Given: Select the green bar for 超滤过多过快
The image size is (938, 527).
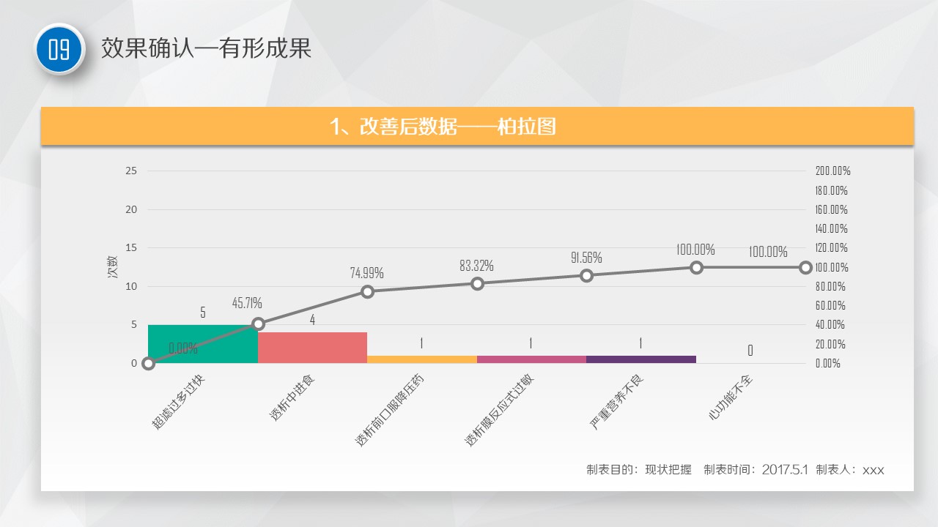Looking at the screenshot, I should (203, 344).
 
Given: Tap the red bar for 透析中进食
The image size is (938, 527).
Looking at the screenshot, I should (312, 348).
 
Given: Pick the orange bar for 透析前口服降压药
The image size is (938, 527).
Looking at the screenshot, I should (422, 359).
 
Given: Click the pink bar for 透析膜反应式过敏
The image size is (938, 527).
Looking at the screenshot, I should (531, 359).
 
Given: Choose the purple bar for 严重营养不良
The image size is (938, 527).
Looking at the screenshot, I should (640, 359).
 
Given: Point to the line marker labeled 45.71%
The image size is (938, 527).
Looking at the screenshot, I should (258, 324).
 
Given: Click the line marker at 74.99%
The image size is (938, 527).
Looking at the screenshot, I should (368, 291).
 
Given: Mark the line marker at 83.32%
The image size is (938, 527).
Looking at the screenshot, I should (477, 283).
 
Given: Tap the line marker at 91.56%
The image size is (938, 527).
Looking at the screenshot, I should (587, 275).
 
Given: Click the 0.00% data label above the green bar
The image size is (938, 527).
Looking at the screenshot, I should (183, 348).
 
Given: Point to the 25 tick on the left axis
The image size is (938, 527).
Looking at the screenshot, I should (132, 171).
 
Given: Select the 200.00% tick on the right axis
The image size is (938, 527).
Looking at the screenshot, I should (832, 171).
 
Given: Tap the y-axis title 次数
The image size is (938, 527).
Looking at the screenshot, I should (113, 267).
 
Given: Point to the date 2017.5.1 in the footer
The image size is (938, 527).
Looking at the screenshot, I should (785, 469).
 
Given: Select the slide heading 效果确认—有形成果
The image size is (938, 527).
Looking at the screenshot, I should (206, 48).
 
